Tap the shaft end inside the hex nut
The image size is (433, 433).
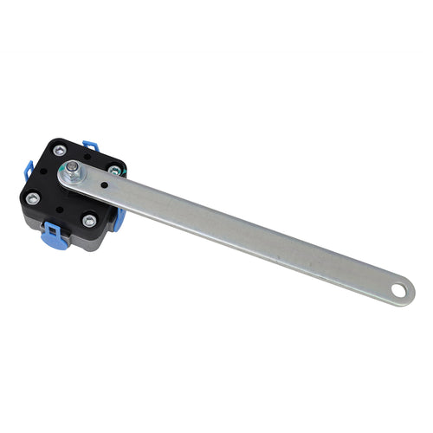pyautogui.click(x=75, y=168)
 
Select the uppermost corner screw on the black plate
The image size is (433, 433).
pyautogui.click(x=59, y=151)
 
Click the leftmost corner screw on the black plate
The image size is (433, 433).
pyautogui.click(x=32, y=198)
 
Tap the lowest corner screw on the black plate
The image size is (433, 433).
pyautogui.click(x=89, y=221)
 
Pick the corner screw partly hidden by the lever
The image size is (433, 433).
pyautogui.click(x=115, y=171)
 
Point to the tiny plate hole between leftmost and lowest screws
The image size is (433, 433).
pyautogui.click(x=59, y=210)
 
